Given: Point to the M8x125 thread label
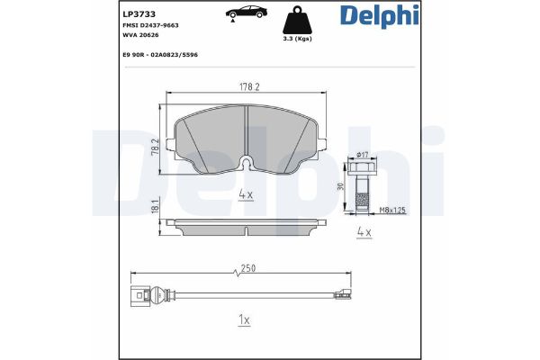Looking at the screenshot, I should click(391, 211).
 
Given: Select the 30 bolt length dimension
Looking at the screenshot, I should click(340, 186).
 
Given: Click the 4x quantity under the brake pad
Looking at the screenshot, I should click(245, 193).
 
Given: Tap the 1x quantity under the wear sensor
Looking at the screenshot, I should click(245, 319).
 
